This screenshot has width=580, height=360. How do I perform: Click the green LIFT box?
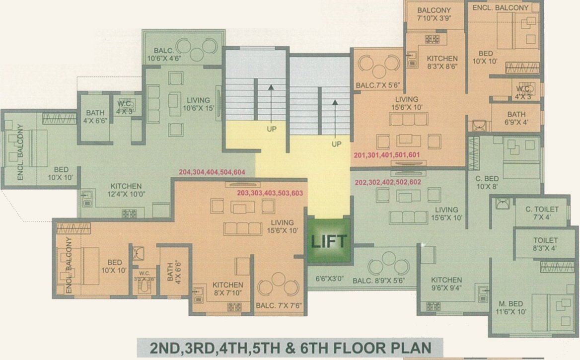pyautogui.click(x=329, y=241)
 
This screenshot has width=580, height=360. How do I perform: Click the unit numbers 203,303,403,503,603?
pyautogui.click(x=270, y=193)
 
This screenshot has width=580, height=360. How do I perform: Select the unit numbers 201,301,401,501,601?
pyautogui.click(x=387, y=155)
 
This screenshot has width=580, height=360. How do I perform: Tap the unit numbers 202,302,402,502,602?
pyautogui.click(x=388, y=182)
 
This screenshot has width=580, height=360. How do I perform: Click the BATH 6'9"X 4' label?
pyautogui.click(x=516, y=118)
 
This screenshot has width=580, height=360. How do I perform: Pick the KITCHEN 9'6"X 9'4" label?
pyautogui.click(x=446, y=284)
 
